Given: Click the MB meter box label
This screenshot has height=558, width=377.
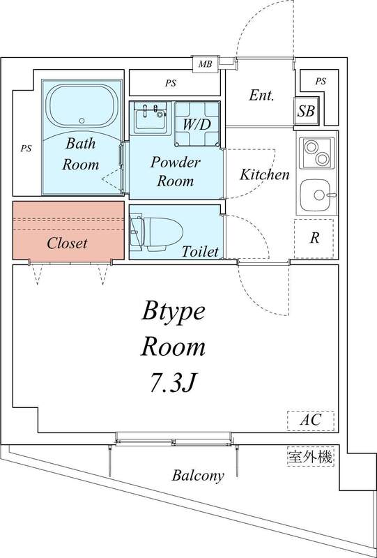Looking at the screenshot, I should (205, 65).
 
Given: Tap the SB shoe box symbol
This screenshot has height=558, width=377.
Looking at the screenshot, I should (305, 111).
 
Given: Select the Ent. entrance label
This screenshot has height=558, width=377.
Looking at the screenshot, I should (261, 96).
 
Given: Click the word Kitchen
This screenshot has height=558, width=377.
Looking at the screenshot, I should (265, 174).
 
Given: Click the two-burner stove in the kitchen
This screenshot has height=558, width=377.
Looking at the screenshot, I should (318, 153).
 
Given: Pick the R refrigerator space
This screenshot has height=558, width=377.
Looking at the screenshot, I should (315, 238).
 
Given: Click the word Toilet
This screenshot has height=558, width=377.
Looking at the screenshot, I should (201, 251).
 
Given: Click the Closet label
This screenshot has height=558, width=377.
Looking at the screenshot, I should (68, 243).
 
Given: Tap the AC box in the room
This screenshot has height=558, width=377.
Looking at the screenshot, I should (311, 421).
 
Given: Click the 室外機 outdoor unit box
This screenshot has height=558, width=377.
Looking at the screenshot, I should (311, 458).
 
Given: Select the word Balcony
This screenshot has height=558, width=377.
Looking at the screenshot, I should (199, 476).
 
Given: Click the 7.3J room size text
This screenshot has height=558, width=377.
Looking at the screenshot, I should (174, 382).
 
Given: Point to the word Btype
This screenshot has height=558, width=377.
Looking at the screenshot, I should (174, 311).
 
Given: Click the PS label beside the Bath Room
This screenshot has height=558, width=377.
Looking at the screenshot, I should (26, 148).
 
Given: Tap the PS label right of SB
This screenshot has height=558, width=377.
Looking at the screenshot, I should (320, 82).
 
